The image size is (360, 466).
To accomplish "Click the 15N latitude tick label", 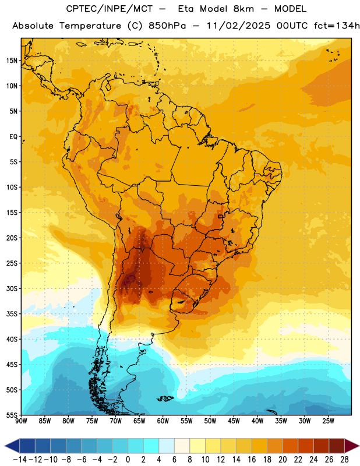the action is point(12,61).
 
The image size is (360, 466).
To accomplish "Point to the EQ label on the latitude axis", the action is point(13,137).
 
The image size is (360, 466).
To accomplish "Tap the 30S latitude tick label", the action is point(12,288).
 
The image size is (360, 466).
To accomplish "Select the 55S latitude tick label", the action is point(12,415).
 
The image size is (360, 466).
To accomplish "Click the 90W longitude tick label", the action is point(21,421).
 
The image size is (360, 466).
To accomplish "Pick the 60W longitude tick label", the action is point(163,421).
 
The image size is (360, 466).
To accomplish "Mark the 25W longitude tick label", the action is point(328,421).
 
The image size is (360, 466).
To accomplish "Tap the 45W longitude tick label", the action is point(234,421).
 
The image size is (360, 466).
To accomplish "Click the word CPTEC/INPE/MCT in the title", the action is point(110,9).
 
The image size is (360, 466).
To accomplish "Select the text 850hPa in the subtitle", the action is point(167,26).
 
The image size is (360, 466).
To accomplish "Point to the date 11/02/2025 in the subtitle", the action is point(238,26).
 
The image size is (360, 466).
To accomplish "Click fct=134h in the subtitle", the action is point(337,26).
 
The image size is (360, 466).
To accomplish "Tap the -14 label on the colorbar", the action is point(20,460).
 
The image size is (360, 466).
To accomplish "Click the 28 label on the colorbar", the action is point(344,460).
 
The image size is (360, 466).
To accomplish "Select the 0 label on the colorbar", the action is point(128,460).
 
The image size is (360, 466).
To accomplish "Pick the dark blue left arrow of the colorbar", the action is point(12,446).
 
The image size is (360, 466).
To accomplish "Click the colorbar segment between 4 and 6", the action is point(167,446).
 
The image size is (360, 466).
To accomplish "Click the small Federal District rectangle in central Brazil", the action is point(221,216).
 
